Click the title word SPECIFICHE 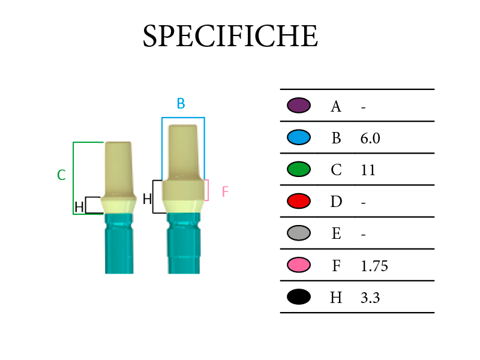[x=230, y=36]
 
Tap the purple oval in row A [x=299, y=106]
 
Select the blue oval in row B [x=299, y=137]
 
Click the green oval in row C [x=299, y=169]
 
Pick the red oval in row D [x=299, y=201]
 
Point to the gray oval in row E [x=299, y=233]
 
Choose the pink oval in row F [x=299, y=265]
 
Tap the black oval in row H [x=299, y=296]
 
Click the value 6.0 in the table [x=370, y=139]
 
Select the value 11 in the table [x=368, y=170]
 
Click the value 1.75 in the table [x=374, y=266]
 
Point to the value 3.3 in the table [x=370, y=298]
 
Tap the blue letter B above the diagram [x=181, y=103]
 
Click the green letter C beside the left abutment [x=61, y=175]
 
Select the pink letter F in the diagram [x=225, y=191]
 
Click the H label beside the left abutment [x=79, y=207]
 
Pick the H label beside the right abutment [x=147, y=199]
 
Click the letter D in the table [x=336, y=202]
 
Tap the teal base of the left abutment [x=119, y=244]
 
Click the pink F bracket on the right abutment [x=208, y=190]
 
